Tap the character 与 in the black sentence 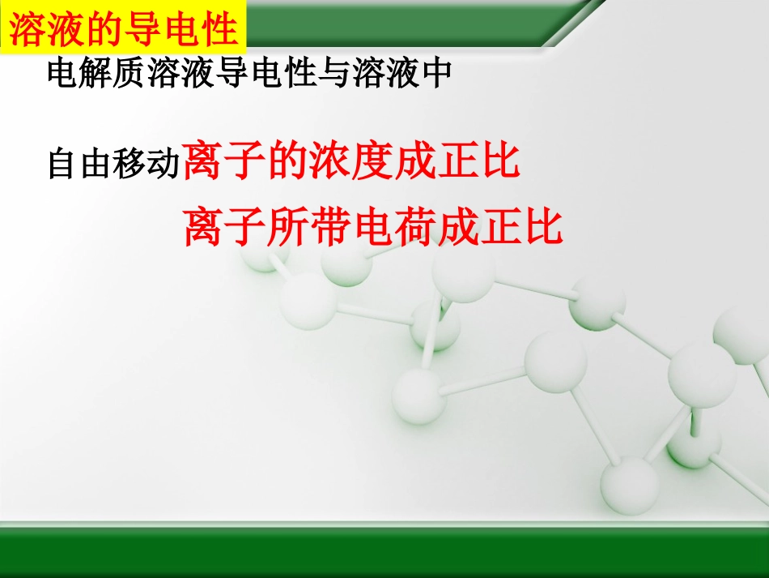(x=338, y=75)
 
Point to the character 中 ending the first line (x=436, y=75)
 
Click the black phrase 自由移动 (x=113, y=165)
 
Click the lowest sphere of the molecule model (x=630, y=486)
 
